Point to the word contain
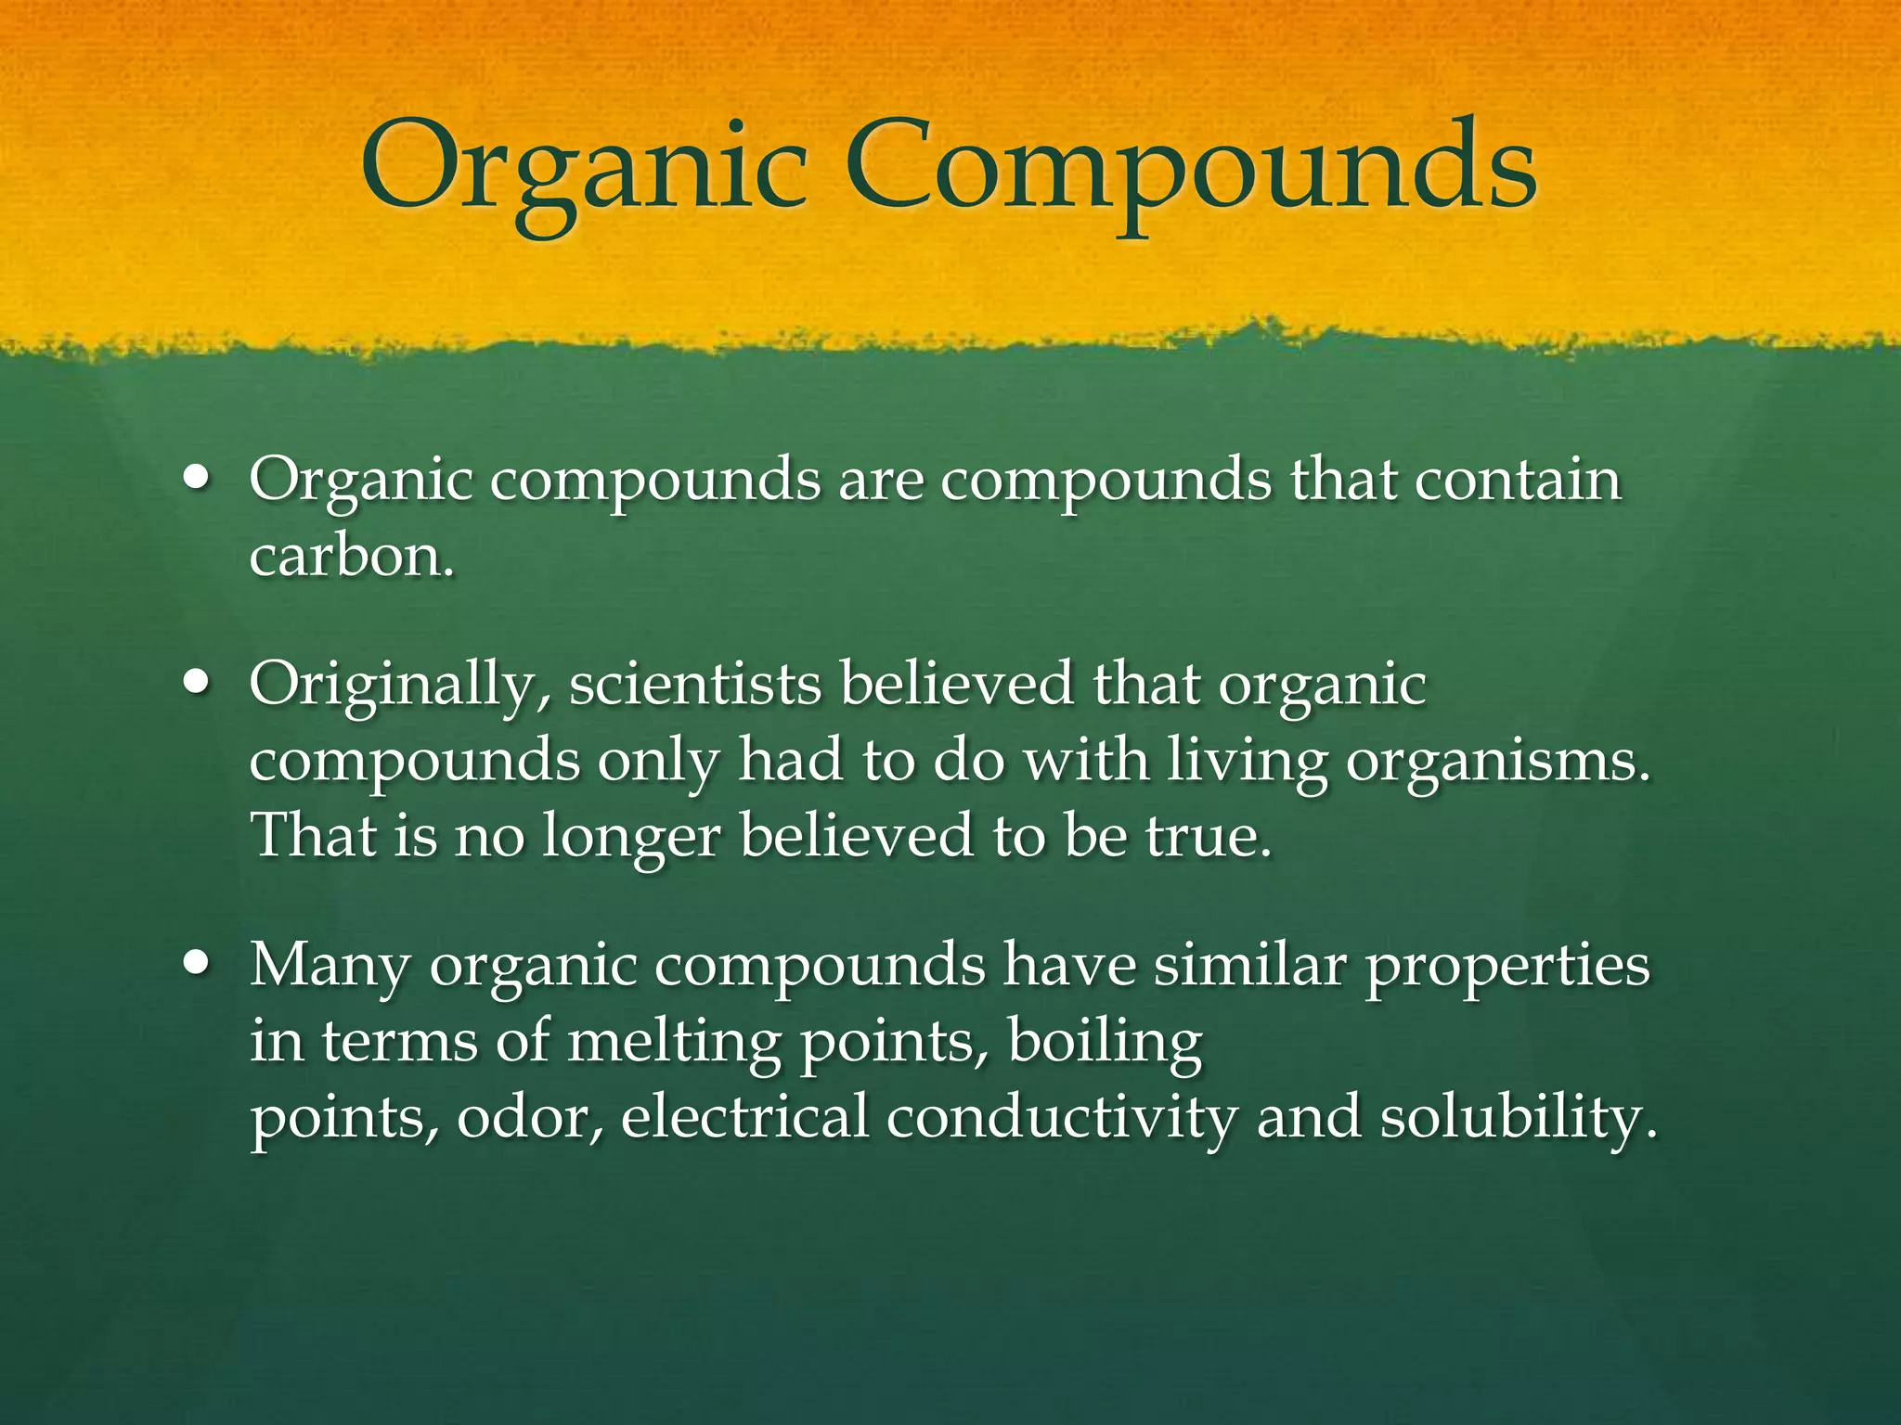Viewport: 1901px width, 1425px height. click(x=1518, y=480)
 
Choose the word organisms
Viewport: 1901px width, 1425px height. click(x=1497, y=763)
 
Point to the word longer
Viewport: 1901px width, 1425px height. click(x=631, y=838)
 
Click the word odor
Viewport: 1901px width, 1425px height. click(x=529, y=1117)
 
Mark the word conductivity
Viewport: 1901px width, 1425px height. click(x=1062, y=1117)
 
